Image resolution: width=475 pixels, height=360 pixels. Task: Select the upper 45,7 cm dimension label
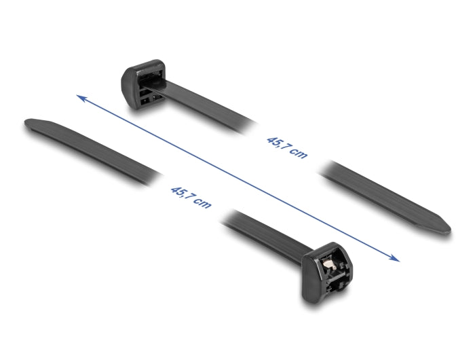click(286, 147)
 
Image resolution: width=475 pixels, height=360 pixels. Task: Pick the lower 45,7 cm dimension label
click(191, 196)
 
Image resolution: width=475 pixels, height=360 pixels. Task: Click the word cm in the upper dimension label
click(298, 153)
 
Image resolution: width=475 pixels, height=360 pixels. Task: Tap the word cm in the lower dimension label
click(202, 202)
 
